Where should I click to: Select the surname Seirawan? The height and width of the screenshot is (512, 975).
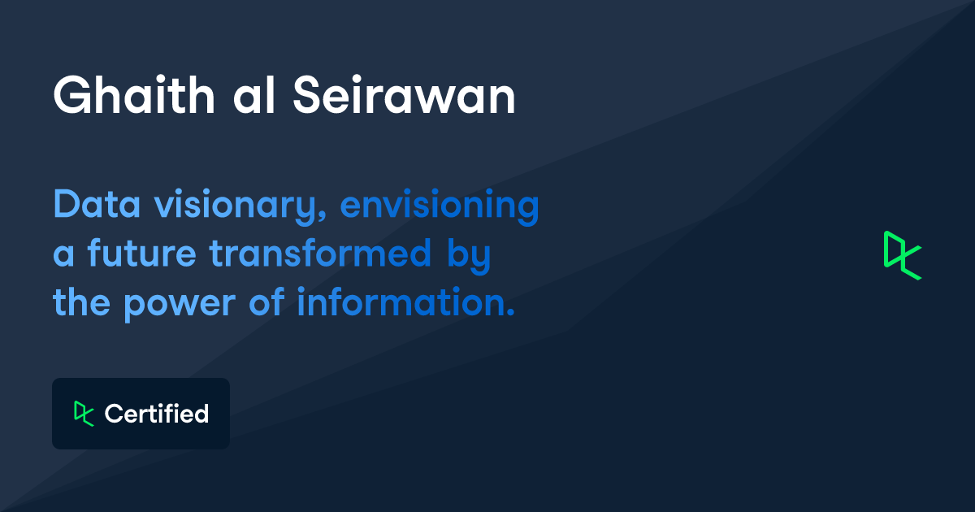(403, 97)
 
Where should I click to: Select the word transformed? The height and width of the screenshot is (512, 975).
(320, 254)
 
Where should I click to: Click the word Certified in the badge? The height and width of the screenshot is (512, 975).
(157, 414)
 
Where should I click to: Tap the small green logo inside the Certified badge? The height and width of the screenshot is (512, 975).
(83, 414)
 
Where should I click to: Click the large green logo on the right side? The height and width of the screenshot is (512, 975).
(902, 255)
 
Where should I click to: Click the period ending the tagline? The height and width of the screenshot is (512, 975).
(511, 314)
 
